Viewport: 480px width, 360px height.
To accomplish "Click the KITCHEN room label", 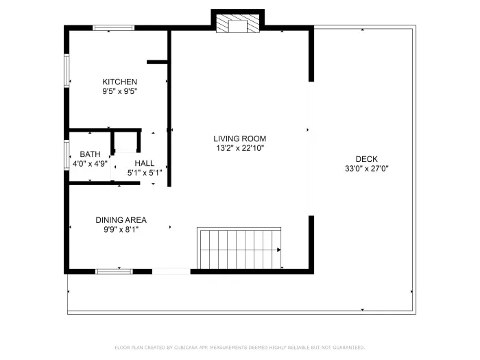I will coord(119,82).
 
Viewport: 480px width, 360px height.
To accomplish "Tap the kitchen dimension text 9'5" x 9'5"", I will coord(119,91).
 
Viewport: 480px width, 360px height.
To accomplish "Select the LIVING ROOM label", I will coord(239,138).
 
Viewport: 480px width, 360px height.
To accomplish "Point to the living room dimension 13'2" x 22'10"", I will coord(239,147).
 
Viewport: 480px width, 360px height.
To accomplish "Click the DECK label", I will coord(366,158).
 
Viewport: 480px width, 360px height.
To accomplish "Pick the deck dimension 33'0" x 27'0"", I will coord(366,168).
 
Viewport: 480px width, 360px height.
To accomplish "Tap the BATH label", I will coord(90,154).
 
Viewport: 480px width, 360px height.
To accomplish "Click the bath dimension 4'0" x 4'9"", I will coord(90,164).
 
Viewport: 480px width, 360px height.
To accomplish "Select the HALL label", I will coord(145,163).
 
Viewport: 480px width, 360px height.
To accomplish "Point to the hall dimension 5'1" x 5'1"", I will coord(145,173).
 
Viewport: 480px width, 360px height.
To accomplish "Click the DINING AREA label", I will coord(121,220).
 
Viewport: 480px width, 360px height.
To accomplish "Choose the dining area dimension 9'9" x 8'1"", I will coord(121,230).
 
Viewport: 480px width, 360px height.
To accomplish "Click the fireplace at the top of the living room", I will coord(237,24).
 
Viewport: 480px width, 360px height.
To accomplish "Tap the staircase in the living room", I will coord(239,249).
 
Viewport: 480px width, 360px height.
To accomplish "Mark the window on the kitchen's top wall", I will coord(114,28).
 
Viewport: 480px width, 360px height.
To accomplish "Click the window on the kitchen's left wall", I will coord(67,71).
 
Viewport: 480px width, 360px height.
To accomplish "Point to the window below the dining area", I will coord(114,272).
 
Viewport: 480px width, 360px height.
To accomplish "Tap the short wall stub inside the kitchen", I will coord(157,62).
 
